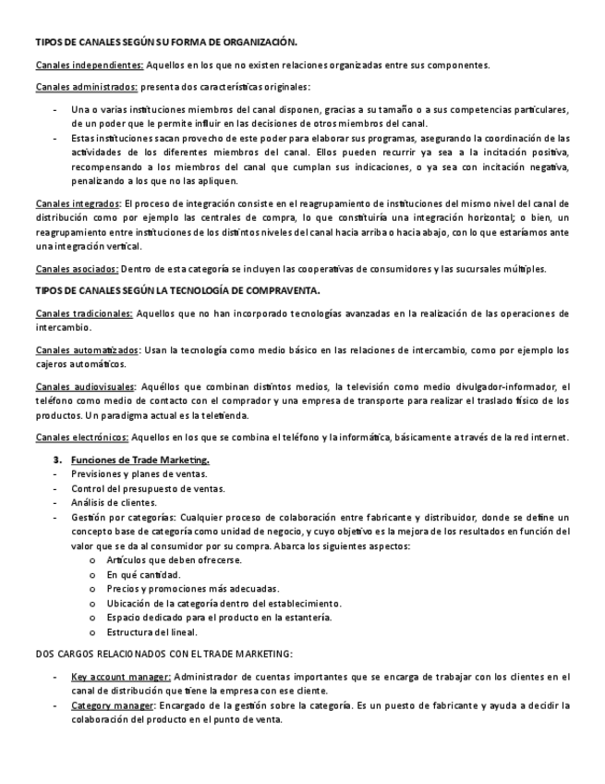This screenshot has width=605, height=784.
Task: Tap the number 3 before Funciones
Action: tap(56, 459)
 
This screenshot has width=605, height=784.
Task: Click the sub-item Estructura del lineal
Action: tap(151, 631)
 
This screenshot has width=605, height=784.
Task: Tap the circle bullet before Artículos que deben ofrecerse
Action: tap(92, 560)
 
